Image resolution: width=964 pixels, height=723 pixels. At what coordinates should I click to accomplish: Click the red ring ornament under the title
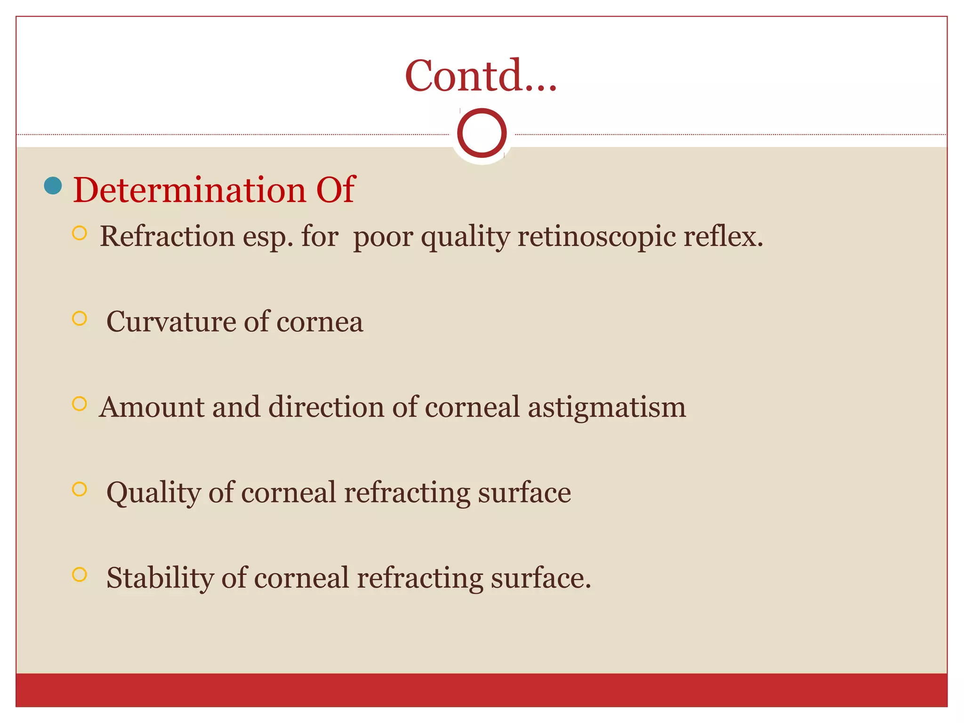482,133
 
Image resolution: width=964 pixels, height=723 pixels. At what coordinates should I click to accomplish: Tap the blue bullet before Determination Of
53,185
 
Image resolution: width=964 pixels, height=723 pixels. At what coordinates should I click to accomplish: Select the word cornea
320,323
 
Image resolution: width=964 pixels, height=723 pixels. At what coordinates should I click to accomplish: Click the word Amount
151,407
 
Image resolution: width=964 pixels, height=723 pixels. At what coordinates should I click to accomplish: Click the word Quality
153,493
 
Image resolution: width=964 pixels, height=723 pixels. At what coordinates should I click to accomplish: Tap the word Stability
160,578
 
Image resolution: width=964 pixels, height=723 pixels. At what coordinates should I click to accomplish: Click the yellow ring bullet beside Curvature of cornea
80,319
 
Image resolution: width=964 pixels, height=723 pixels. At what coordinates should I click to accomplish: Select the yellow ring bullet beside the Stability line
80,574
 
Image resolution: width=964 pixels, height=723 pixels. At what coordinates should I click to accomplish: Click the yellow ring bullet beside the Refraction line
80,233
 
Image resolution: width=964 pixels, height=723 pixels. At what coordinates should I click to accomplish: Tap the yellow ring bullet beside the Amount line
80,404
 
